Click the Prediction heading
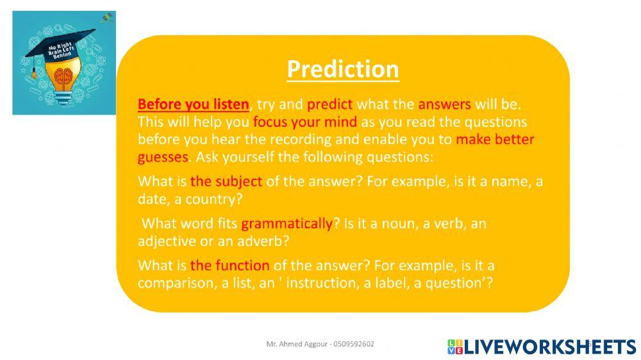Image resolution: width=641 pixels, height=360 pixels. (x=342, y=69)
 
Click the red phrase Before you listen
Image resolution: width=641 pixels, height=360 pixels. (x=193, y=104)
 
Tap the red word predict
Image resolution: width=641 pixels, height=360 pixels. (x=329, y=104)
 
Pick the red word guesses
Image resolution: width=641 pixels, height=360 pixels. (x=163, y=156)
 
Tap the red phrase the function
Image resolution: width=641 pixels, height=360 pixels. (x=229, y=265)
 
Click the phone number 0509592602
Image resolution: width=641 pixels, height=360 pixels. (x=351, y=344)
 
